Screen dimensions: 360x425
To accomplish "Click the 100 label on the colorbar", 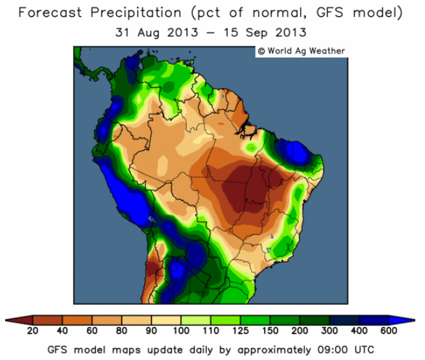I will pyautogui.click(x=181, y=332).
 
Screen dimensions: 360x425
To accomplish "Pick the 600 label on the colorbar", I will pyautogui.click(x=389, y=332).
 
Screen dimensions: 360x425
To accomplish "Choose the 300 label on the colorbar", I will pyautogui.click(x=330, y=332).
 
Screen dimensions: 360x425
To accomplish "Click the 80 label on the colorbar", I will pyautogui.click(x=122, y=332).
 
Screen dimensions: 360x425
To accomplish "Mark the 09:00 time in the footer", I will pyautogui.click(x=329, y=349).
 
